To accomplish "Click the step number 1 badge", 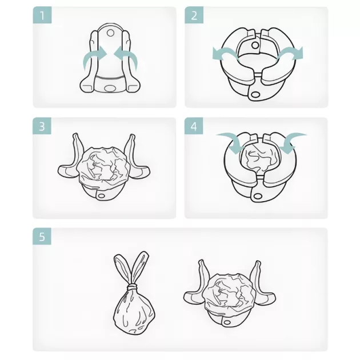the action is [x=42, y=15].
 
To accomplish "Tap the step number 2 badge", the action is [x=194, y=15].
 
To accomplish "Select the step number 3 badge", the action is [x=42, y=126].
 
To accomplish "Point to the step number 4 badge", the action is [x=194, y=126].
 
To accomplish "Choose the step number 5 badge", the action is [x=42, y=236].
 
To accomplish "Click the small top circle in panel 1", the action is [x=110, y=33].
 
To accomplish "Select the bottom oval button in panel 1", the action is [x=110, y=89].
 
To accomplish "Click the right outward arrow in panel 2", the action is [x=290, y=53].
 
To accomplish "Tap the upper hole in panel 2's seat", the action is [x=255, y=45].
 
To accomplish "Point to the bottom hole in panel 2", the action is [x=255, y=94].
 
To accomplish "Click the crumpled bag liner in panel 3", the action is [x=102, y=166].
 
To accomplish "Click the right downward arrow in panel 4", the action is [x=293, y=141].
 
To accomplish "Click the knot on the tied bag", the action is [x=131, y=286].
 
